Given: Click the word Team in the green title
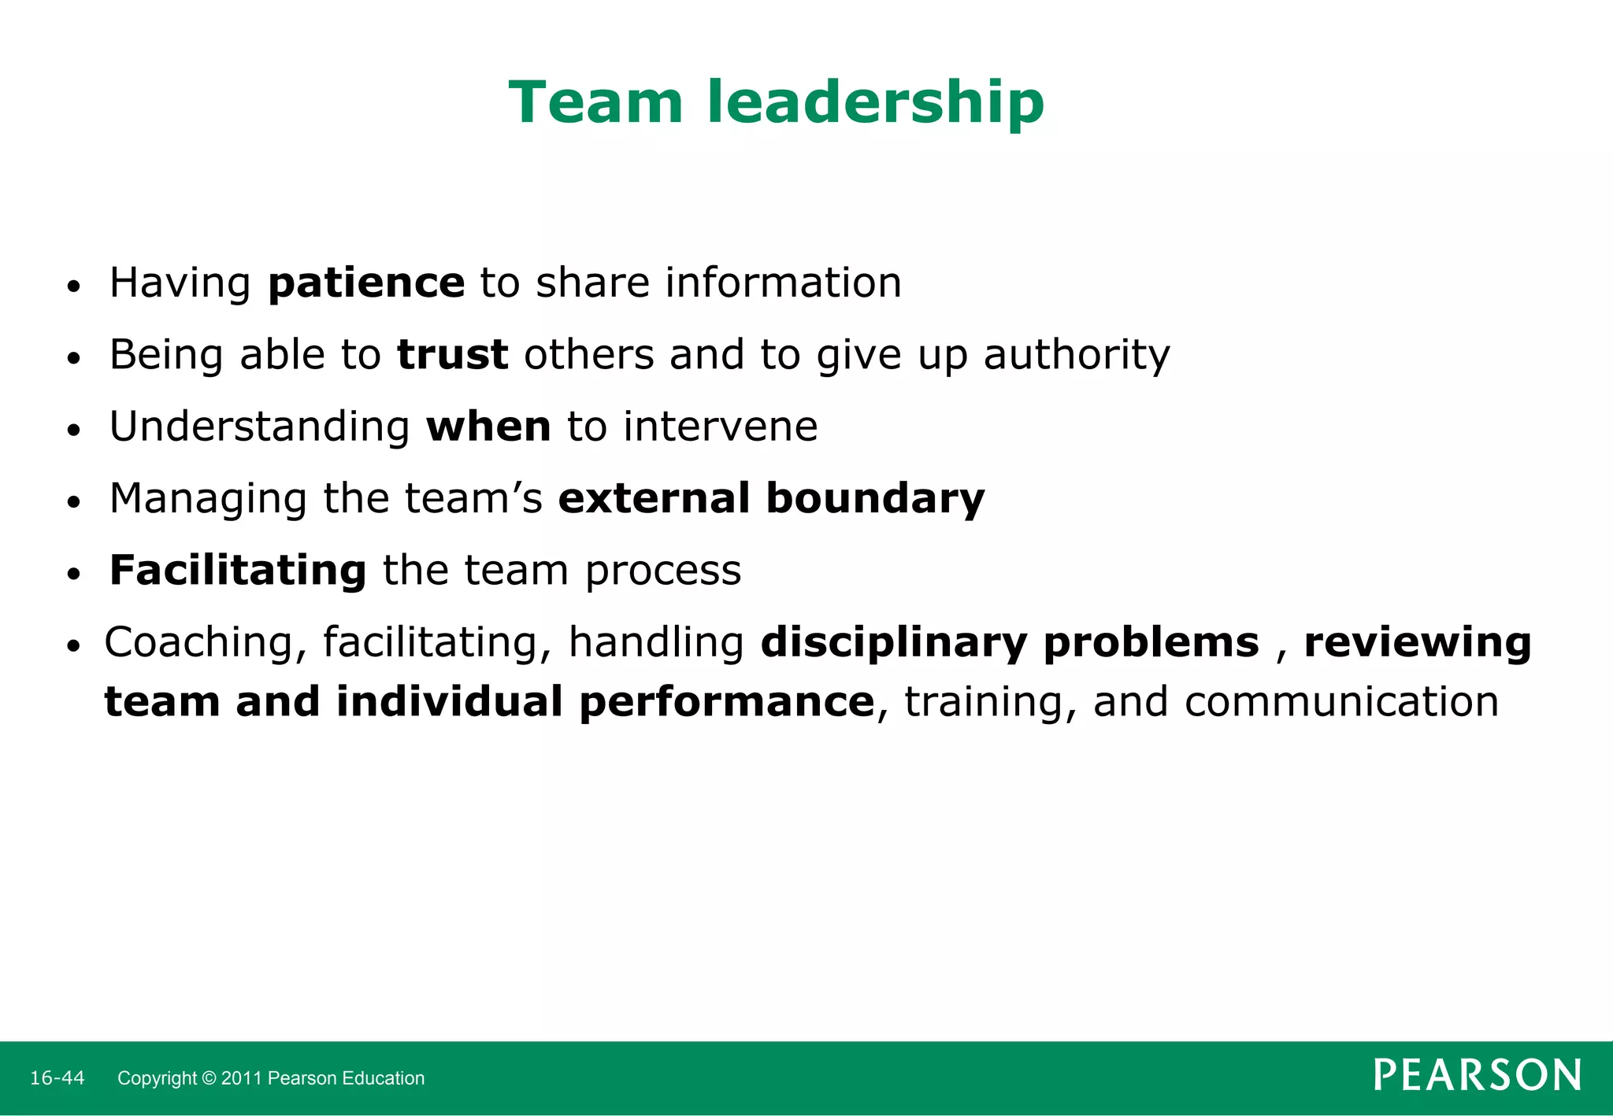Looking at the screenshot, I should point(595,102).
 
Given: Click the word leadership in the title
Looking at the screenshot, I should point(875,104).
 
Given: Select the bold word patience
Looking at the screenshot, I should point(366,283).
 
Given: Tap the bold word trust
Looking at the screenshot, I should point(452,355).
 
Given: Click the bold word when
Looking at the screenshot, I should point(488,427).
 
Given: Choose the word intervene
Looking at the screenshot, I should point(721,427).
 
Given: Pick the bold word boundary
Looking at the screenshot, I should point(875,499).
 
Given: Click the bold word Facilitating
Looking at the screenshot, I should point(238,571).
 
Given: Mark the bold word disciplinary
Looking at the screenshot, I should point(894,644).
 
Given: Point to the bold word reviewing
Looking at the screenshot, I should point(1418,644).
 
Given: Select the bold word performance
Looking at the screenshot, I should point(726,703).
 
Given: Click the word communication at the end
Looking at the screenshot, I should point(1341,703).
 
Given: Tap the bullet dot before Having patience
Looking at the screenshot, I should point(73,287).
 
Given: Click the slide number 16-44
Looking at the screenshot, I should point(57,1078).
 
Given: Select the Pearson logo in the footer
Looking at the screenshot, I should point(1477,1075).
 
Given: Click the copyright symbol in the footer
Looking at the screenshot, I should point(209,1078).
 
